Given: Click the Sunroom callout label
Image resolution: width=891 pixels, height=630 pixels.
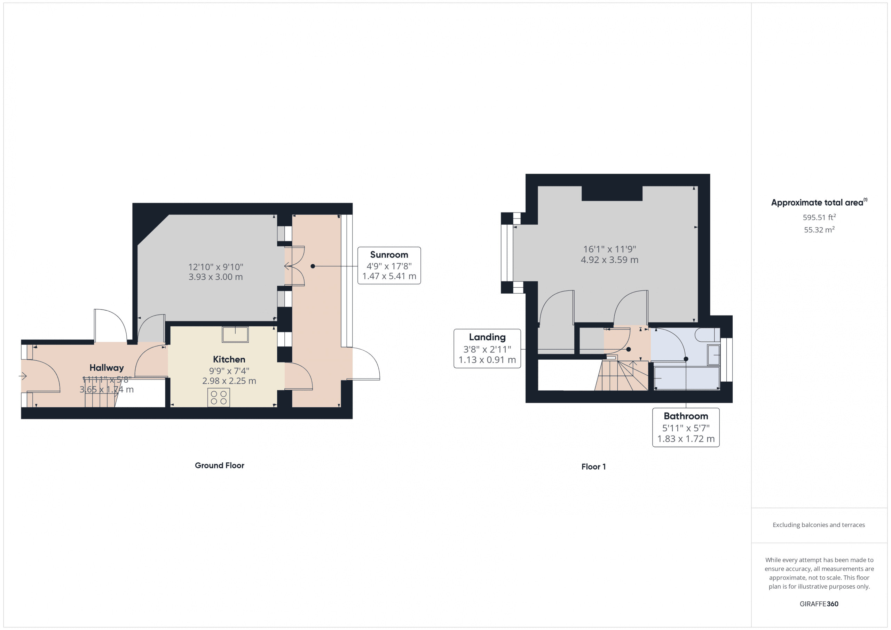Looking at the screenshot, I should [389, 265].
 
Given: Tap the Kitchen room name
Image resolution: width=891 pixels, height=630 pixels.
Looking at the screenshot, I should [229, 359].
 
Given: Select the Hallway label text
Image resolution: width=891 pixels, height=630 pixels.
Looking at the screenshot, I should [107, 367].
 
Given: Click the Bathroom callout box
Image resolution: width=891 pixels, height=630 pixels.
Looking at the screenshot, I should [685, 427].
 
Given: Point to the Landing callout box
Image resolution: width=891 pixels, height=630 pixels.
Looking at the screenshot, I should [487, 348].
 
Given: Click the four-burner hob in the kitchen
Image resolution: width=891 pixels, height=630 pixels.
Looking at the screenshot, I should [219, 398].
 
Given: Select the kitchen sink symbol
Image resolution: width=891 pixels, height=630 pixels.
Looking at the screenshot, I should [235, 334].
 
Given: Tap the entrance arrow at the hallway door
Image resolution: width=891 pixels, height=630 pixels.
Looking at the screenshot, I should [23, 376].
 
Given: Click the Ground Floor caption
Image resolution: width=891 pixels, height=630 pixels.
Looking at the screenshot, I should [219, 465].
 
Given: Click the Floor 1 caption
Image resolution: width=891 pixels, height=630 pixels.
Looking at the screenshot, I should [593, 467].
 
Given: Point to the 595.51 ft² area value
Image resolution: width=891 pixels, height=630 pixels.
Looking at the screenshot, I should [819, 217].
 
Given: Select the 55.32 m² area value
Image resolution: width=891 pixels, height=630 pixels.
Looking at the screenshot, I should [819, 230].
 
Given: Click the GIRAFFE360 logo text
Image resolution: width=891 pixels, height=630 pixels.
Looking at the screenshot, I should [819, 604].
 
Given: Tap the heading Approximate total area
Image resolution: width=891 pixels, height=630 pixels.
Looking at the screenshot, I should [817, 202].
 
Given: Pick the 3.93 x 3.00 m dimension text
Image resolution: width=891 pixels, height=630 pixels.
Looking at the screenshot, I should [215, 277].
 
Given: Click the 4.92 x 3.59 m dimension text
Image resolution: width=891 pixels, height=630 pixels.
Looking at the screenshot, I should [609, 260].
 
